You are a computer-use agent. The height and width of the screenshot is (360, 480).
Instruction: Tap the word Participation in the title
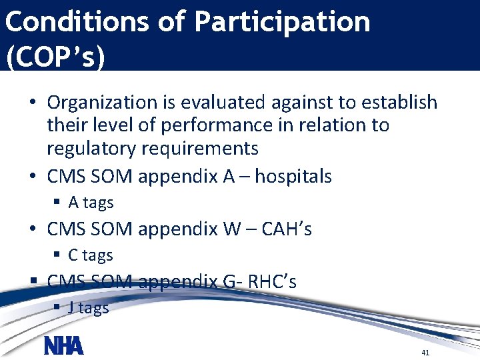[282, 23]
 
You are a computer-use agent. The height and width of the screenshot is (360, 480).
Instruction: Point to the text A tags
[91, 203]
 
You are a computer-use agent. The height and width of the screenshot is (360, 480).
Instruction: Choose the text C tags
[91, 255]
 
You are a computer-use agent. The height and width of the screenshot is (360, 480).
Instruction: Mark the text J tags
[89, 307]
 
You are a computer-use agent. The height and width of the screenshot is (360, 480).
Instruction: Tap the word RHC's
[272, 282]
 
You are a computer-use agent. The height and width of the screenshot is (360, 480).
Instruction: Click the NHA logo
[63, 346]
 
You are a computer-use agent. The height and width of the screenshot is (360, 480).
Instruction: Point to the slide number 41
[425, 351]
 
